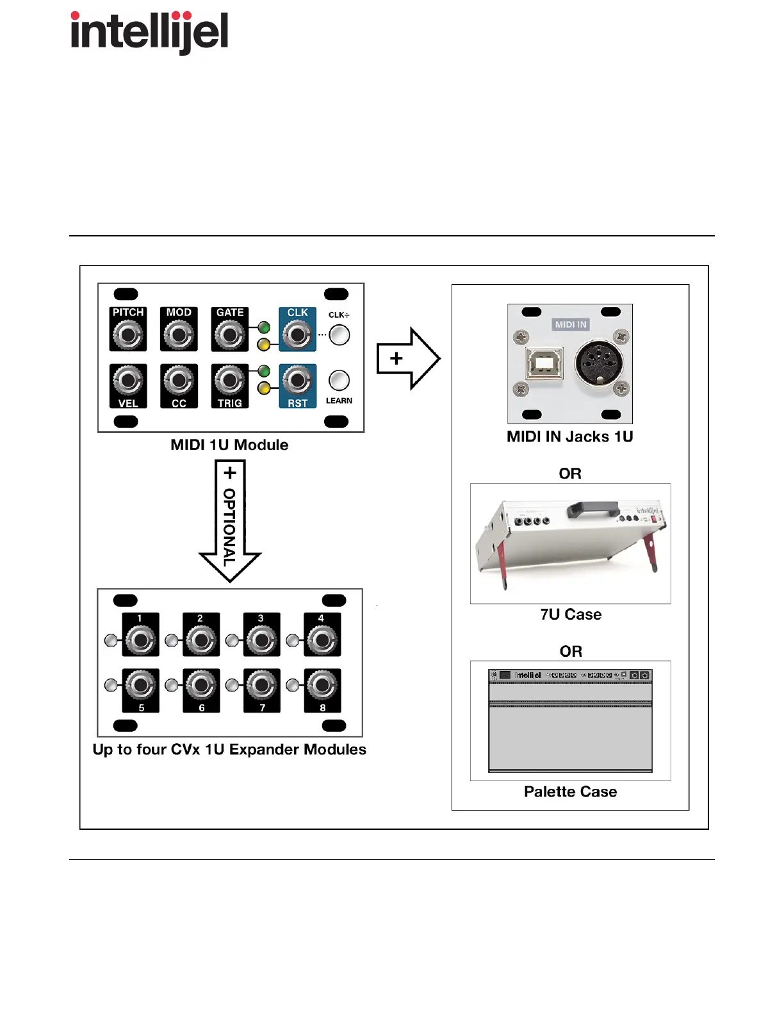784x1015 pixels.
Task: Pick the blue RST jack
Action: [297, 381]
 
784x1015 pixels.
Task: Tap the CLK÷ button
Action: [339, 334]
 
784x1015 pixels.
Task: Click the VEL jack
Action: [128, 381]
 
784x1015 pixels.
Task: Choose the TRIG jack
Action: [229, 381]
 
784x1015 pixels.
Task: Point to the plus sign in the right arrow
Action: [396, 358]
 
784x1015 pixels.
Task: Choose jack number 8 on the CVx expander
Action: [322, 686]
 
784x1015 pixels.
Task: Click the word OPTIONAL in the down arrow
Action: [229, 527]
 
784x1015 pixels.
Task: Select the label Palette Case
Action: [570, 791]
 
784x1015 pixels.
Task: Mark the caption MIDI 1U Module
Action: [229, 445]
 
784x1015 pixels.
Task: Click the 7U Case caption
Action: [571, 615]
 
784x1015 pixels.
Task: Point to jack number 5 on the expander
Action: [140, 686]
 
